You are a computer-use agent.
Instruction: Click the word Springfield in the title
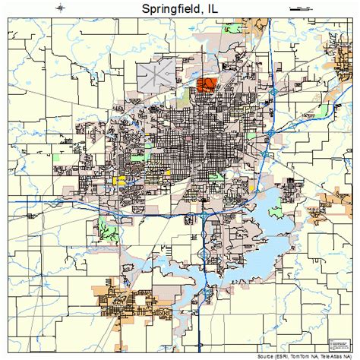pos(166,10)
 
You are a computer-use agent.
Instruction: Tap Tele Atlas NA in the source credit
pos(339,355)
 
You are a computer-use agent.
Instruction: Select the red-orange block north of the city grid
pos(205,84)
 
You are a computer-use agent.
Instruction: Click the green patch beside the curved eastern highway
pos(323,110)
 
